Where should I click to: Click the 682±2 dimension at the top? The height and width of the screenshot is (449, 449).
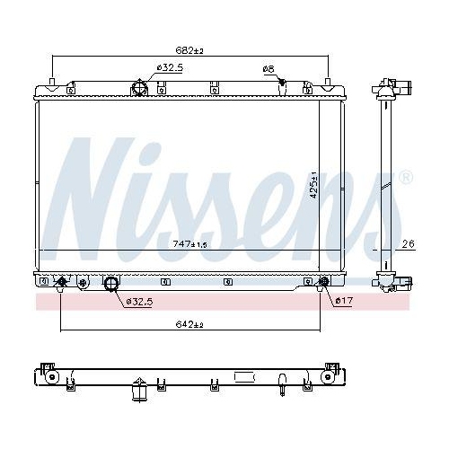tap(190, 51)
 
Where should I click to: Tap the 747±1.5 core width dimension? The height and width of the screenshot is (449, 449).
tap(190, 243)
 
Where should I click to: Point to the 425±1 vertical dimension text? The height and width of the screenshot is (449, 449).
tap(313, 189)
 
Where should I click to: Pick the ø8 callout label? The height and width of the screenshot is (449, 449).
tap(268, 69)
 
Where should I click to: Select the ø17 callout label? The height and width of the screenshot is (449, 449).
tap(342, 301)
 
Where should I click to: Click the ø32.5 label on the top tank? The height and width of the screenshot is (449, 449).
tap(171, 68)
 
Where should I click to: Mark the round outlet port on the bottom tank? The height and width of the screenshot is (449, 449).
tap(112, 286)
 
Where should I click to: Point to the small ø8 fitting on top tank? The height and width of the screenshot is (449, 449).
tap(281, 84)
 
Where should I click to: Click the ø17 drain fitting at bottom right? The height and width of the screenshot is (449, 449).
tap(323, 285)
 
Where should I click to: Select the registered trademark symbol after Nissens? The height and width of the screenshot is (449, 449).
tap(406, 177)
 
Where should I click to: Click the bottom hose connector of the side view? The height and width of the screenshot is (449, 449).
tap(401, 280)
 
